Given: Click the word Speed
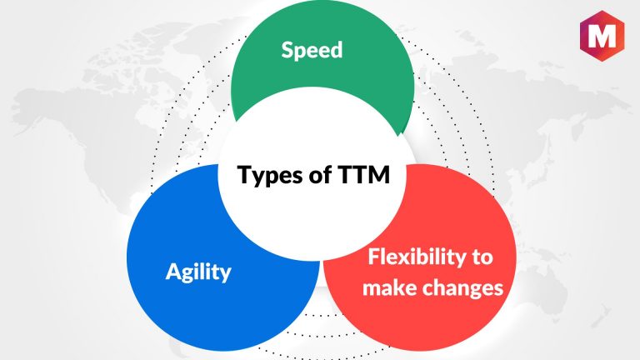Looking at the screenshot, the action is (x=312, y=50).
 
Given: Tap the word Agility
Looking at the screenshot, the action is (x=198, y=272).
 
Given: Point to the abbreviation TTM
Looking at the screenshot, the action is (x=363, y=174).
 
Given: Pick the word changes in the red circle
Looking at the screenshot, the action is (x=462, y=287).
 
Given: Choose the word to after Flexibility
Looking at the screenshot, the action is (x=482, y=257).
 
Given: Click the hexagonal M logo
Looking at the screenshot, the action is (x=602, y=36).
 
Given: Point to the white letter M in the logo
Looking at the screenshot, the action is (x=602, y=36).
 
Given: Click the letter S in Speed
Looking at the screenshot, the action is (x=287, y=50).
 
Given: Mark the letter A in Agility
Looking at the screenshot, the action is (x=174, y=271).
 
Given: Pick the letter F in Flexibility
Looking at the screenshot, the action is (x=374, y=257).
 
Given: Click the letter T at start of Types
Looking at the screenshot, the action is (x=244, y=174).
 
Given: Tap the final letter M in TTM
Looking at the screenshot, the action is (x=380, y=174).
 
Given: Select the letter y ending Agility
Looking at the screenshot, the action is (x=226, y=275).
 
